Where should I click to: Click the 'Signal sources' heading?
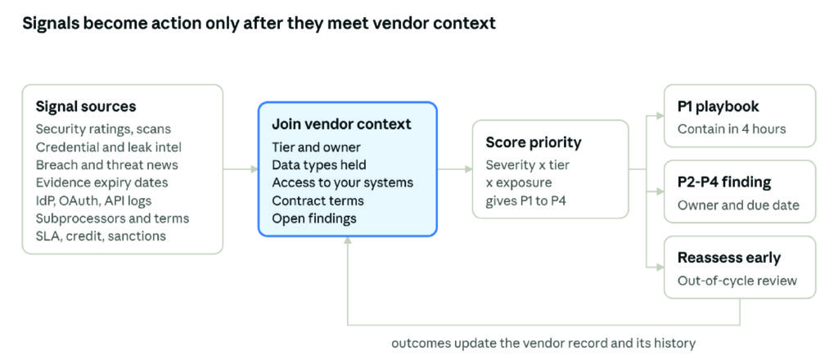coord(85,106)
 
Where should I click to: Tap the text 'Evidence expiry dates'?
coord(101,182)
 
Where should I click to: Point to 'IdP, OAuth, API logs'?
coord(93,200)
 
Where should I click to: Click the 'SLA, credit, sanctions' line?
coord(101,236)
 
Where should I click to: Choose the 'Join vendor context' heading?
coord(341,124)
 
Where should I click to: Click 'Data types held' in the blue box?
coord(319,164)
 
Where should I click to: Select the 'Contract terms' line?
coord(318,200)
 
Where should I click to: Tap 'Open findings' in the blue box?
coord(313,218)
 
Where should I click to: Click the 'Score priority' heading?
coord(533,142)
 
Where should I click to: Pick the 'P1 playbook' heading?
coord(718,106)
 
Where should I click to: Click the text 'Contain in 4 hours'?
coord(732,128)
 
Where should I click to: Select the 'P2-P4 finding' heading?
coord(724,182)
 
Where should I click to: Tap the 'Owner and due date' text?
coord(738,205)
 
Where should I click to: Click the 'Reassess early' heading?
coord(729,258)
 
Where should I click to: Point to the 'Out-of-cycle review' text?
coord(737,281)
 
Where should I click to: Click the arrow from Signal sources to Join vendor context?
coord(241,169)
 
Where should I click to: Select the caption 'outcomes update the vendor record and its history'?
coord(543,343)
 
